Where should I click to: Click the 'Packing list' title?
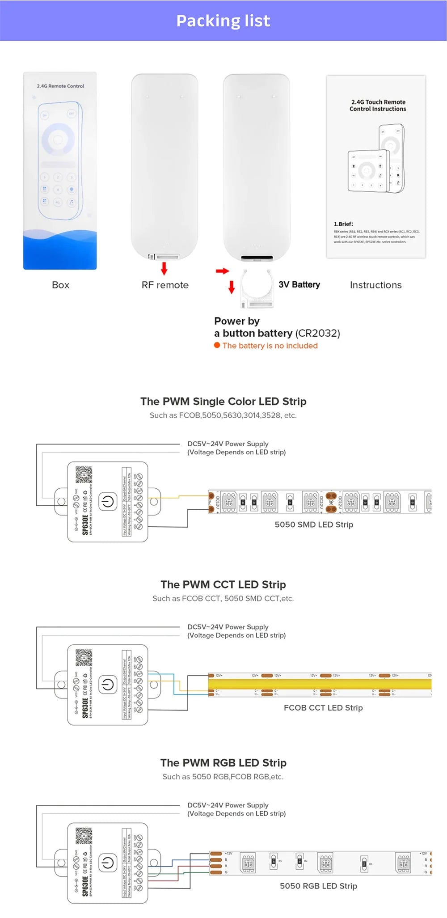tap(223, 21)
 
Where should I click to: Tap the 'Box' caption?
tap(60, 285)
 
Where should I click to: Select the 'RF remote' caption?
tap(165, 285)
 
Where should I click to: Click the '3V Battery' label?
tap(299, 284)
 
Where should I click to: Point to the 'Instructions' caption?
tap(375, 285)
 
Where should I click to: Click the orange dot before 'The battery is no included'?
tap(217, 345)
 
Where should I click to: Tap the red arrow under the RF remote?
tap(164, 269)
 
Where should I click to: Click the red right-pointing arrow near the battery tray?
tap(222, 271)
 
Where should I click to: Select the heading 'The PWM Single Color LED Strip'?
tap(223, 401)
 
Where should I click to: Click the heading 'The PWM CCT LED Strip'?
tap(223, 584)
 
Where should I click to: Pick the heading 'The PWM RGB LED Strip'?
tap(223, 762)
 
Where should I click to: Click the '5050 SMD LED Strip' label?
tap(314, 525)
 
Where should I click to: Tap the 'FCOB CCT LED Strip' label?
tap(323, 707)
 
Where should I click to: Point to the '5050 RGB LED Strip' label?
tap(318, 886)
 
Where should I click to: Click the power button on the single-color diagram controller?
tap(107, 502)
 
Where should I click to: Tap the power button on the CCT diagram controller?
tap(107, 685)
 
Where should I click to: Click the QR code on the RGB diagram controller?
tap(84, 836)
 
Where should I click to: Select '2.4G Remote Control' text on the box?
tap(60, 86)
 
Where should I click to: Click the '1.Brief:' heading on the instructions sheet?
tap(343, 224)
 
